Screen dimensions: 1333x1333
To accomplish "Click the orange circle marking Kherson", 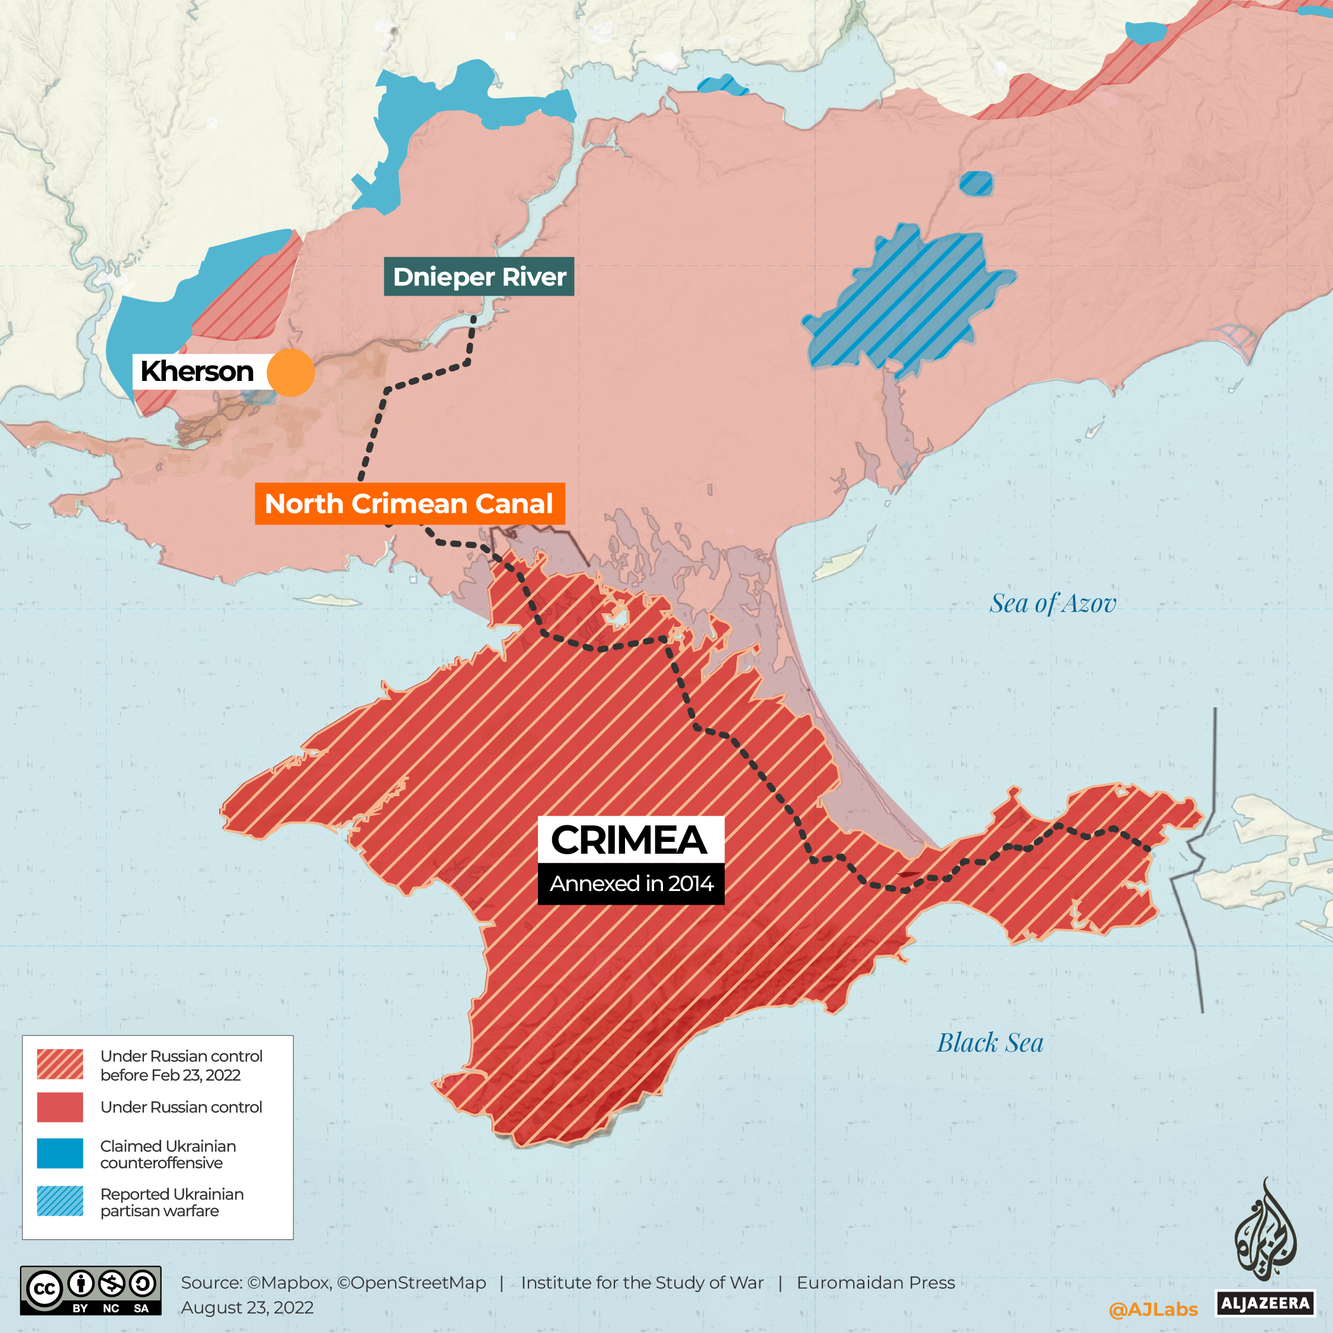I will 290,373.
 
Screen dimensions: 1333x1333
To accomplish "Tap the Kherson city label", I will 197,371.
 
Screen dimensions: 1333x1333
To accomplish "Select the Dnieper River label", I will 479,277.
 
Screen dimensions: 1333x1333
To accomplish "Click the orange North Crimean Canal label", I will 409,504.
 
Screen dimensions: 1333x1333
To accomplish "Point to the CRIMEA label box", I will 630,839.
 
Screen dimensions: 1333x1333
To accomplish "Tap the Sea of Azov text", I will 1052,604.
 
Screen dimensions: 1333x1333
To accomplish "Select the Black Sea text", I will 989,1043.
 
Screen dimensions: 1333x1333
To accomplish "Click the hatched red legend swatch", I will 60,1064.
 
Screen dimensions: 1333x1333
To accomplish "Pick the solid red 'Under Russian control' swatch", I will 60,1107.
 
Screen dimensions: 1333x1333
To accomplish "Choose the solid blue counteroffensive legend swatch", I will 60,1153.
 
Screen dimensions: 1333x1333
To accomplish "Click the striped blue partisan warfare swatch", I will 60,1201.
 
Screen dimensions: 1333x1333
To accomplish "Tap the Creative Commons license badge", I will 91,1290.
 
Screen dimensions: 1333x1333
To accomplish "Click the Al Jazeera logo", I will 1265,1249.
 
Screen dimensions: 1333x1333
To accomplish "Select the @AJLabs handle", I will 1153,1309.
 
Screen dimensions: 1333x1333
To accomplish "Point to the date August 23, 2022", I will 247,1308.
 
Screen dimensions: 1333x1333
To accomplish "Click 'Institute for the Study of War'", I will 642,1283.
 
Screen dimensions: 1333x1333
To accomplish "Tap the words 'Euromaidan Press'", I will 876,1283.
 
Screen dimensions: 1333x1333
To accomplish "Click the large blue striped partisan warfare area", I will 904,300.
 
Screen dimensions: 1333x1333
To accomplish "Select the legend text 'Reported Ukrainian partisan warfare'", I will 171,1203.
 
